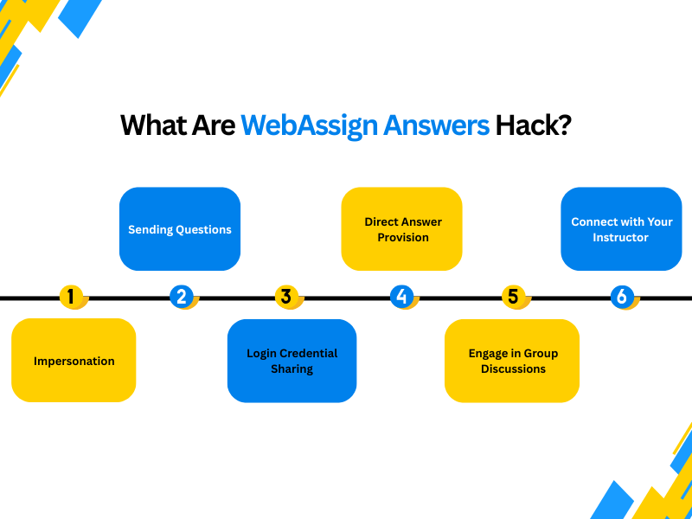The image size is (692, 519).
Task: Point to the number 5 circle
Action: coord(513,297)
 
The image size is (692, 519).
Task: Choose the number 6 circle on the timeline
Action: coord(621,297)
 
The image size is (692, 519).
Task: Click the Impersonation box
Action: coord(74,361)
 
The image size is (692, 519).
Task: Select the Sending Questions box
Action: coord(180,229)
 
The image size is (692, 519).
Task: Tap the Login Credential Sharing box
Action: coord(292,361)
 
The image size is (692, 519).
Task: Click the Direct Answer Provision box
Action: coord(402,229)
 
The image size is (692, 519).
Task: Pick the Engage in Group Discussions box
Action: coord(512,361)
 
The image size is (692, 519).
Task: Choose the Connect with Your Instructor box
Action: coord(621,229)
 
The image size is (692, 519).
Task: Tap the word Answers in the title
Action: coord(437,125)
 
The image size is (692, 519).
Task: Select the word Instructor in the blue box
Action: coord(620,237)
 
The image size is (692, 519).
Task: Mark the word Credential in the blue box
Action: coord(309,353)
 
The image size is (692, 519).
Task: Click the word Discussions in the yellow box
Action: coord(514,368)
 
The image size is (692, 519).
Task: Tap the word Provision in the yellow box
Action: coord(403,237)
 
